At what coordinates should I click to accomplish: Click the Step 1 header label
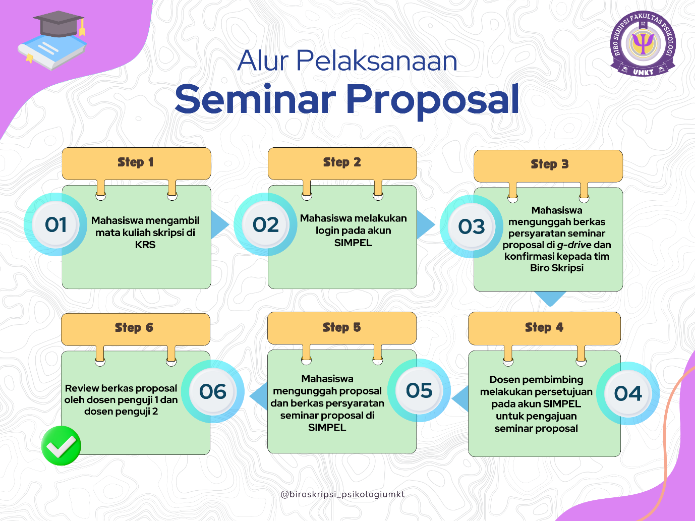[136, 163]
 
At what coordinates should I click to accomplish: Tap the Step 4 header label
[544, 328]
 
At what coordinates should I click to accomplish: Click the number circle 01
[55, 224]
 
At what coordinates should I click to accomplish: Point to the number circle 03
[472, 226]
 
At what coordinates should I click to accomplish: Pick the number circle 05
[419, 390]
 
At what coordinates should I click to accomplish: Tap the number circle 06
[213, 391]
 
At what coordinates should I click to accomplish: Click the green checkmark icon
[61, 445]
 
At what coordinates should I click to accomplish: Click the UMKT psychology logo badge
[643, 44]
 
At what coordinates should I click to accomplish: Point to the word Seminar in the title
[255, 99]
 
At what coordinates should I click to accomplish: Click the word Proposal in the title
[433, 102]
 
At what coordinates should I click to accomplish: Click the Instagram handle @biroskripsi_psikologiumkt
[342, 494]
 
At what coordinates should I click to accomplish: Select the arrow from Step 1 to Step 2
[220, 224]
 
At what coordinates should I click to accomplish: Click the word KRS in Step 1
[145, 245]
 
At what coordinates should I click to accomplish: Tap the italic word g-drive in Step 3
[574, 245]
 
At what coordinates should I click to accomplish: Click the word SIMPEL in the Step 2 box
[353, 243]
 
